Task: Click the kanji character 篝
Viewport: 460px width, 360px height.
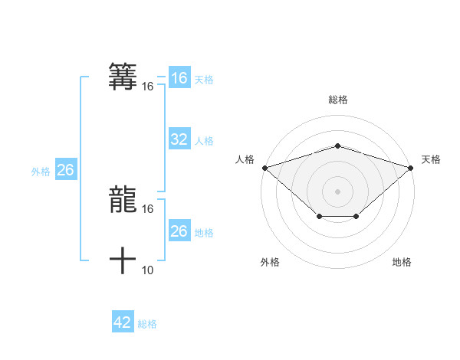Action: pos(123,76)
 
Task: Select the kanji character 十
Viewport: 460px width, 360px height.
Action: pos(123,260)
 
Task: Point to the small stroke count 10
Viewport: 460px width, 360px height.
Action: pos(148,270)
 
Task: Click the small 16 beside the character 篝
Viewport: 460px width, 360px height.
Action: pos(148,87)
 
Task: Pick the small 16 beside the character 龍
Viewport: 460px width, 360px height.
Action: pos(148,208)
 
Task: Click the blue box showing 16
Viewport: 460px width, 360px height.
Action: pos(179,78)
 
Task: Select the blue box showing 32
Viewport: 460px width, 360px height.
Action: pos(179,139)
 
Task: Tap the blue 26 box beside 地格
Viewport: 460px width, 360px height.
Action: pos(179,231)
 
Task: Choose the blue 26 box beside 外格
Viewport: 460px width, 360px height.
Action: pos(65,170)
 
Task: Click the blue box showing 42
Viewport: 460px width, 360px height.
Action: pos(122,322)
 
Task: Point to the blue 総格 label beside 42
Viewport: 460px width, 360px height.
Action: pos(147,324)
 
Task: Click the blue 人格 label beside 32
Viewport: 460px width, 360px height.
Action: pos(204,141)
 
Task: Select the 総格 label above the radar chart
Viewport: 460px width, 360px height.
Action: pos(337,100)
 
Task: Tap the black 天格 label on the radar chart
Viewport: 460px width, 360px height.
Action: pos(431,159)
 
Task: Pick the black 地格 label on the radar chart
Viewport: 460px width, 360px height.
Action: pos(402,262)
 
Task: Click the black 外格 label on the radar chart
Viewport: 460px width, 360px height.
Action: pos(270,262)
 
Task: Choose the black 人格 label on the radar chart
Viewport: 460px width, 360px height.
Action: pos(245,159)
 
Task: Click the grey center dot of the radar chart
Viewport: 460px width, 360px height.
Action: pos(337,191)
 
